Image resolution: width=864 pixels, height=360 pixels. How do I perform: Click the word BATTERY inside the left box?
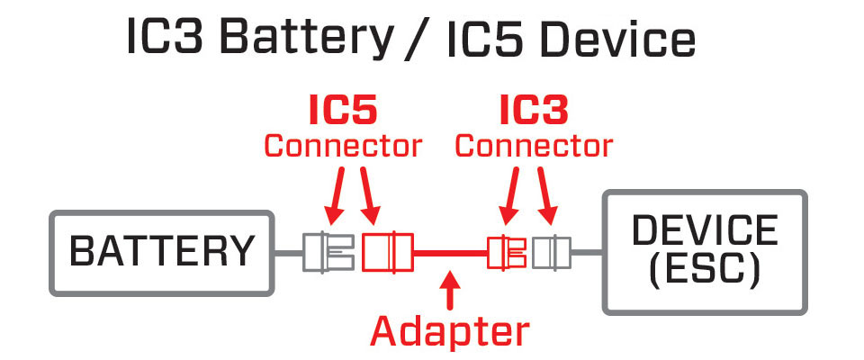click(162, 252)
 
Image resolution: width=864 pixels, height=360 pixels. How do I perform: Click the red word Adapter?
click(450, 331)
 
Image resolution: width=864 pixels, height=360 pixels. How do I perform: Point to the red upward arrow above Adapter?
click(450, 290)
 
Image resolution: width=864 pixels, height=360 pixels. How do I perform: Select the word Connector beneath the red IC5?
click(342, 145)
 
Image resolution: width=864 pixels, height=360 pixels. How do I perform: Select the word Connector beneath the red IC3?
click(535, 145)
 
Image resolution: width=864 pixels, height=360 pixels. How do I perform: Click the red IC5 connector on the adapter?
click(387, 252)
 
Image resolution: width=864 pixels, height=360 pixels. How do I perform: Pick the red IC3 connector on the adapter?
click(505, 252)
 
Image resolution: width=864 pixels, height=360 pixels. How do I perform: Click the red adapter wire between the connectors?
click(450, 253)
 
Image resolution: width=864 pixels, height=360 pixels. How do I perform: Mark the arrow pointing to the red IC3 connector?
click(512, 193)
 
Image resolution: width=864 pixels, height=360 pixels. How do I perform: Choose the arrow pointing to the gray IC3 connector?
click(546, 193)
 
